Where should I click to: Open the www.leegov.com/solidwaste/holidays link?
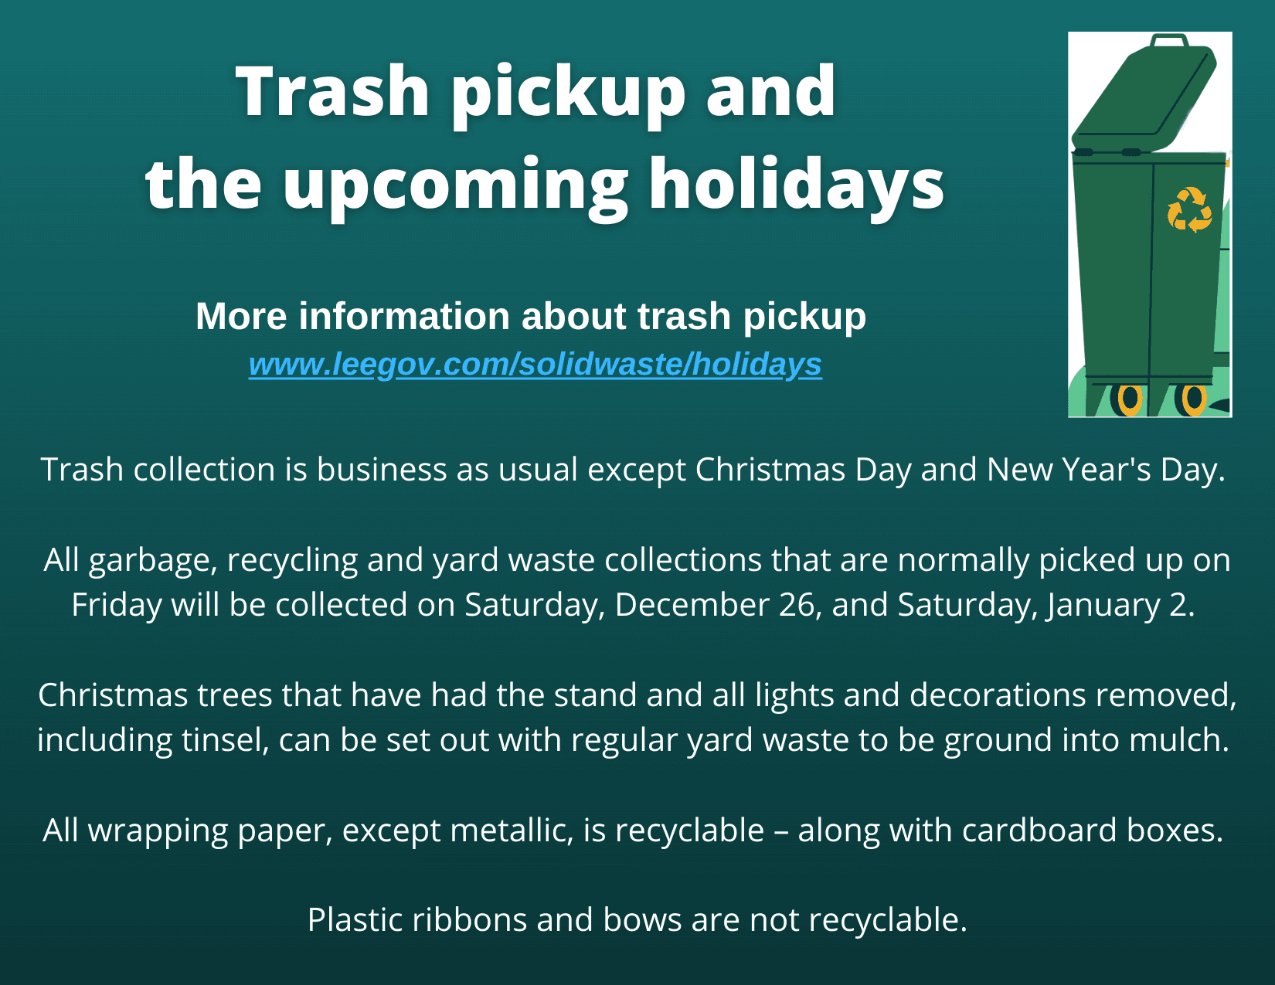[x=535, y=364]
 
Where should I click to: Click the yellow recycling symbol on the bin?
[x=1189, y=209]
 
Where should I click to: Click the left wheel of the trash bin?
[x=1130, y=399]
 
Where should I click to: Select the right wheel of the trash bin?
[x=1194, y=399]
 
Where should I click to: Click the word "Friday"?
[x=116, y=605]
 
